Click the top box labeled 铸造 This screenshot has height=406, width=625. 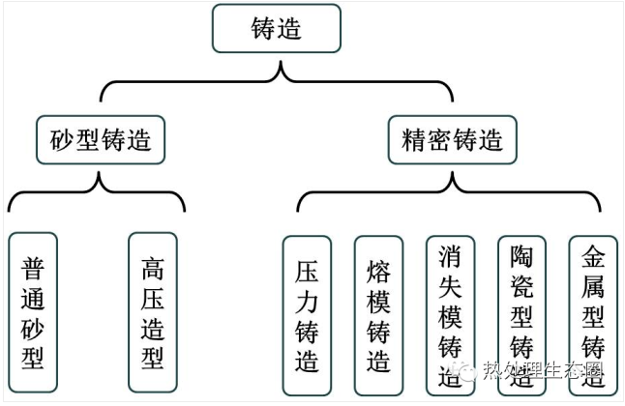(276, 29)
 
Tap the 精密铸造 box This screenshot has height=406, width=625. (452, 141)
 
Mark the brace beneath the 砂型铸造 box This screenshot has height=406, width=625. (97, 193)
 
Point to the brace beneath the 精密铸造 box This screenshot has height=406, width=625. (450, 193)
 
